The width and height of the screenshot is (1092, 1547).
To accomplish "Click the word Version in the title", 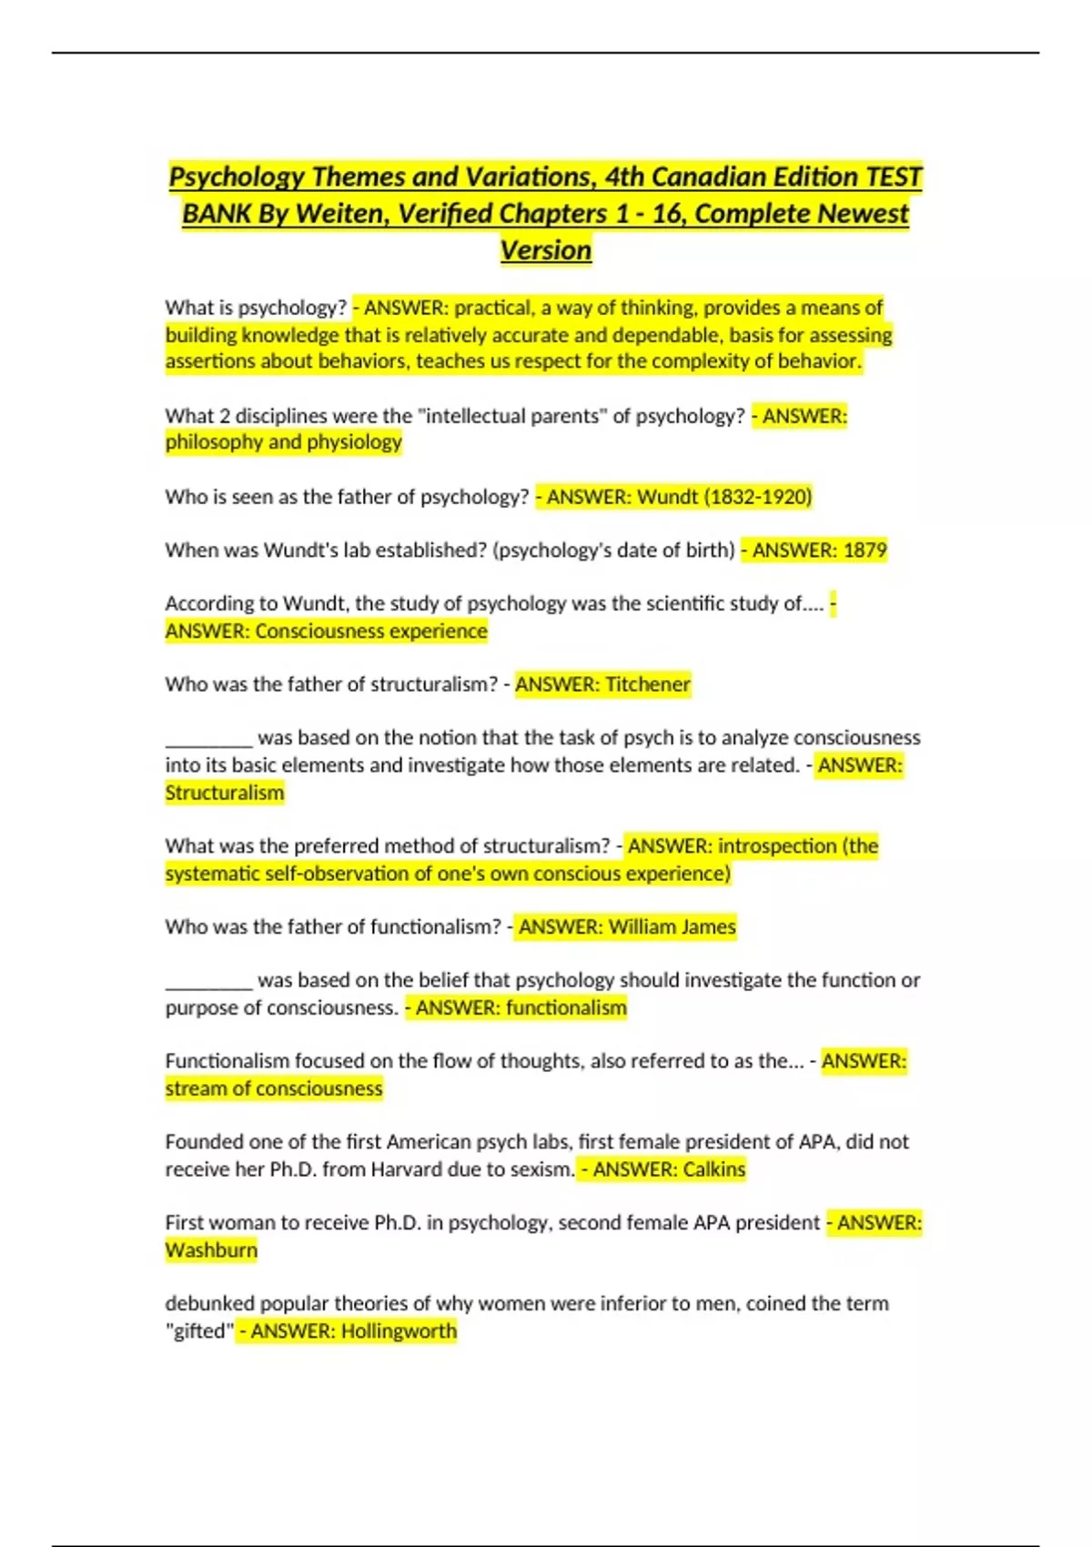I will coord(546,250).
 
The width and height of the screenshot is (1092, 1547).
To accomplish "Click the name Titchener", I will coord(648,684).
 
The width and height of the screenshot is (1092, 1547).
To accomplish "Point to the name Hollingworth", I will coord(399,1331).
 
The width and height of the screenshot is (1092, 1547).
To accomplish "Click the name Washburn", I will coord(211,1250).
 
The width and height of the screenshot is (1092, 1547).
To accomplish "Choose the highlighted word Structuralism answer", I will coord(225,793).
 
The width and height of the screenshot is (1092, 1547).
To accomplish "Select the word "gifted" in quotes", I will coord(199,1331).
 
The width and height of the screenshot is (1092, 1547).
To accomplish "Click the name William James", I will coord(672,927).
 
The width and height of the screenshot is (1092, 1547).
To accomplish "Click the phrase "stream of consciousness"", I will coord(274,1089).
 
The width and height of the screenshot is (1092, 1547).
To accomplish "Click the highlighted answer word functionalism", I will coord(566,1008).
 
